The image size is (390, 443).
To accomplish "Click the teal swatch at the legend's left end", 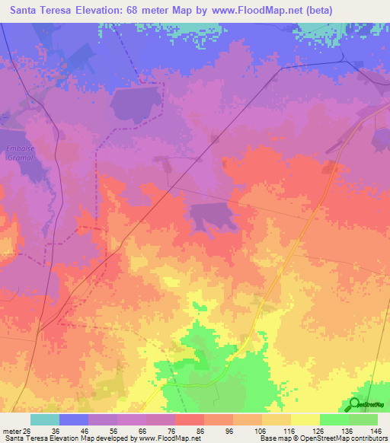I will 44,419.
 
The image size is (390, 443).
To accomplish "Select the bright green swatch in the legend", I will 334,419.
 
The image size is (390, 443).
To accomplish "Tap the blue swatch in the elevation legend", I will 74,419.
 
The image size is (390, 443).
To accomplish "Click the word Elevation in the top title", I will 113,10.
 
